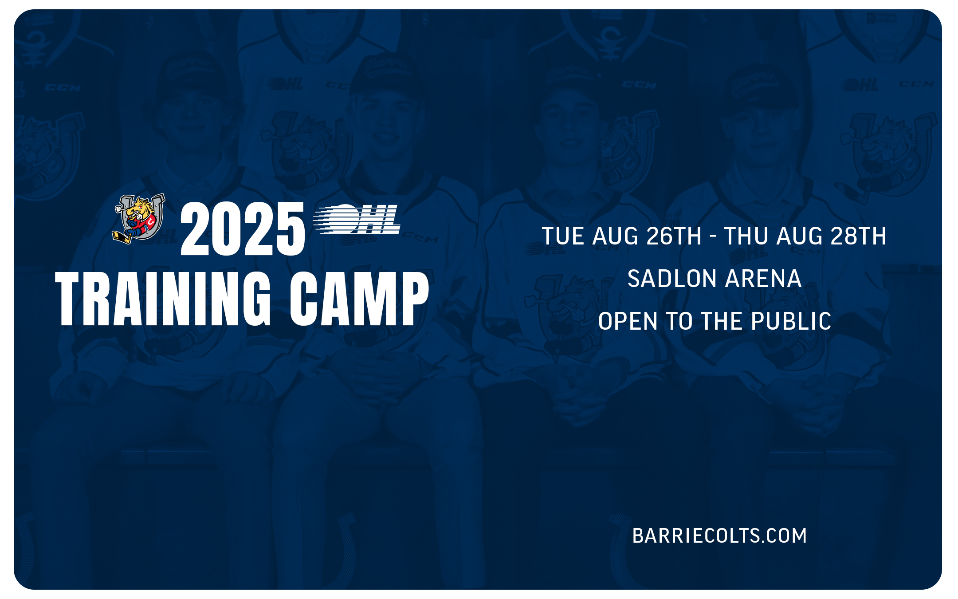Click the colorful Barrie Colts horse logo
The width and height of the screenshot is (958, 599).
139,218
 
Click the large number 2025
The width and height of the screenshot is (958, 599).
243,229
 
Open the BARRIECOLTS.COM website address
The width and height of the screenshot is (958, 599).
719,536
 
